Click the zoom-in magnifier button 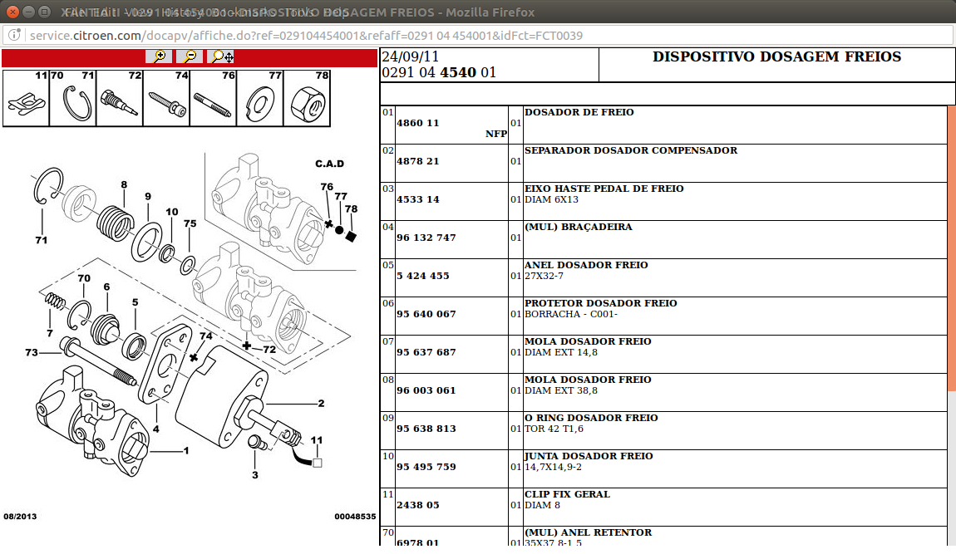tap(158, 56)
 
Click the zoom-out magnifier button tap(189, 56)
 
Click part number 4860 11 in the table tap(418, 123)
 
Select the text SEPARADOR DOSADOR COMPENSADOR tap(630, 150)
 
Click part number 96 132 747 tap(426, 238)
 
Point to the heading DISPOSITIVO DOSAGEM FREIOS tap(776, 57)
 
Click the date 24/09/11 tap(410, 57)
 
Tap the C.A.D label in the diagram tap(329, 164)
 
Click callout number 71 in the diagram tap(41, 241)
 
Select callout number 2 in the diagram tap(321, 404)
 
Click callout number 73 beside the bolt tap(31, 353)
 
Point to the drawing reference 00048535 tap(355, 517)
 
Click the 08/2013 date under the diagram tap(20, 517)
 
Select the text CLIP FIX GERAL tap(567, 494)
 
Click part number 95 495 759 tap(426, 467)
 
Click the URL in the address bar tap(306, 36)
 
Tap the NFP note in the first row tap(496, 134)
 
